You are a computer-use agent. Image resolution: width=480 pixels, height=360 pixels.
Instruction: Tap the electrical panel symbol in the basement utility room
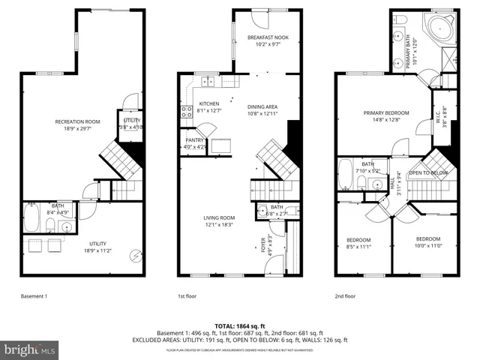pos(135,254)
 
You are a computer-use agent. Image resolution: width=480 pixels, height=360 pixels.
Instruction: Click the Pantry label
pos(194,140)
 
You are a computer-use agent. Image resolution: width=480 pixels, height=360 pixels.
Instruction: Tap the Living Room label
pos(219,217)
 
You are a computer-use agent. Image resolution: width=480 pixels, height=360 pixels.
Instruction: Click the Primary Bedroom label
pos(385,113)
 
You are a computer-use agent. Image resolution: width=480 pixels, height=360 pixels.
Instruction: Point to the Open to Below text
pos(428,172)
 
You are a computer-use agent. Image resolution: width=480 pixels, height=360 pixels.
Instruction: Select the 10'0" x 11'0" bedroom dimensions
pos(429,245)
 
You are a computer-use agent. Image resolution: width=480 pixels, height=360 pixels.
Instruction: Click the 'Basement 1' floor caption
pos(34,296)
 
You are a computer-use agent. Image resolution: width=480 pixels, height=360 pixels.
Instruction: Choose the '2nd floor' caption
pos(346,296)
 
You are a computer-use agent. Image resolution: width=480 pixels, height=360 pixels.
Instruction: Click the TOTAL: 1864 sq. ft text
pos(239,325)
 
